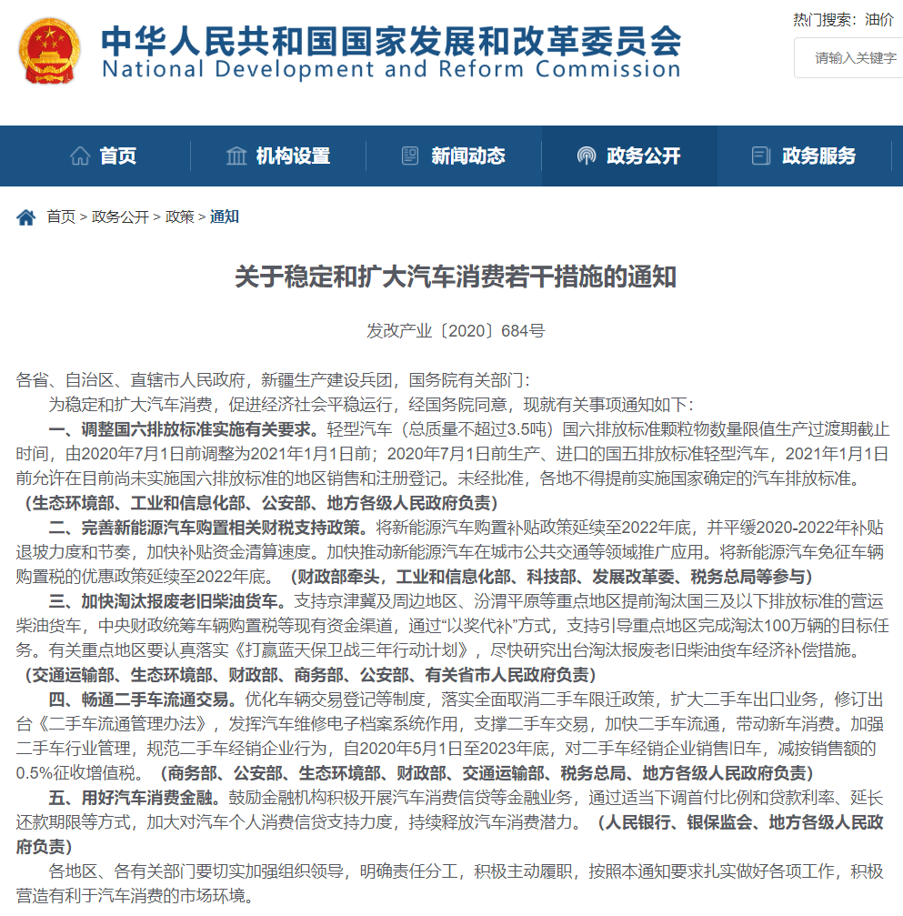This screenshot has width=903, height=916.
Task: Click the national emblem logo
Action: (48, 52)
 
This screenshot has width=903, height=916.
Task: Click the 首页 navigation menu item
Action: (104, 156)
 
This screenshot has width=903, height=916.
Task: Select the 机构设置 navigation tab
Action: (278, 156)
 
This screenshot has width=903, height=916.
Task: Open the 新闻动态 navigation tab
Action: (454, 156)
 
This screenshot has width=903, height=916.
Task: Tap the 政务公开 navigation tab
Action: (629, 156)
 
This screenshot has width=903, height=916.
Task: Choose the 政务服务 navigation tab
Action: (805, 156)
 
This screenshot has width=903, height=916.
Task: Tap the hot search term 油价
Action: (879, 19)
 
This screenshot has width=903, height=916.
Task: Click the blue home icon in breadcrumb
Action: (26, 217)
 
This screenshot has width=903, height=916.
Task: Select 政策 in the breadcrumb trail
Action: (179, 217)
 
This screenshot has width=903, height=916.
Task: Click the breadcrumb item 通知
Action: (225, 217)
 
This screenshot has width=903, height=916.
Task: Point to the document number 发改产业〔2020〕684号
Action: (456, 331)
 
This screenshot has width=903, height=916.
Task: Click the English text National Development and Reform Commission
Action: (391, 69)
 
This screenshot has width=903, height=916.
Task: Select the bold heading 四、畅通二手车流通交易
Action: (143, 700)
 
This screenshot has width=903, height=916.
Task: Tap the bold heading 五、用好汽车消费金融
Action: (134, 798)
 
